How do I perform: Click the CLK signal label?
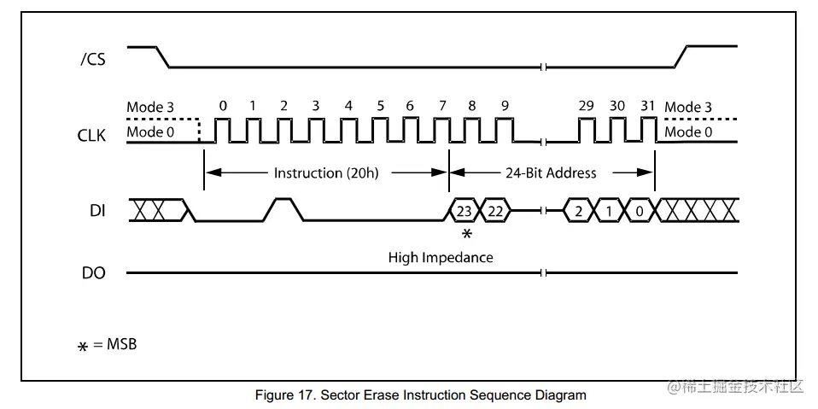(92, 134)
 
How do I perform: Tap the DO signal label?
(93, 273)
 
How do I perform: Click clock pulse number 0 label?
(223, 106)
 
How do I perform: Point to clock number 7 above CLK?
(441, 106)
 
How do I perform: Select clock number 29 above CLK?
(586, 106)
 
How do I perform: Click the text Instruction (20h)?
(326, 173)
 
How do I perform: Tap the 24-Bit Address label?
(552, 173)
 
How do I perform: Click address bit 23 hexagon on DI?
(465, 210)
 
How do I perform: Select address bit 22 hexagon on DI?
(495, 210)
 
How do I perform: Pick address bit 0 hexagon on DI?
(640, 210)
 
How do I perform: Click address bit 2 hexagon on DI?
(578, 210)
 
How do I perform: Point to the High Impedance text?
(441, 257)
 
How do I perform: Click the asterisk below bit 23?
(466, 234)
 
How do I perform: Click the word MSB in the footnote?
(120, 345)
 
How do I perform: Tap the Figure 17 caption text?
(420, 395)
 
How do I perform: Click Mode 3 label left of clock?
(150, 108)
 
